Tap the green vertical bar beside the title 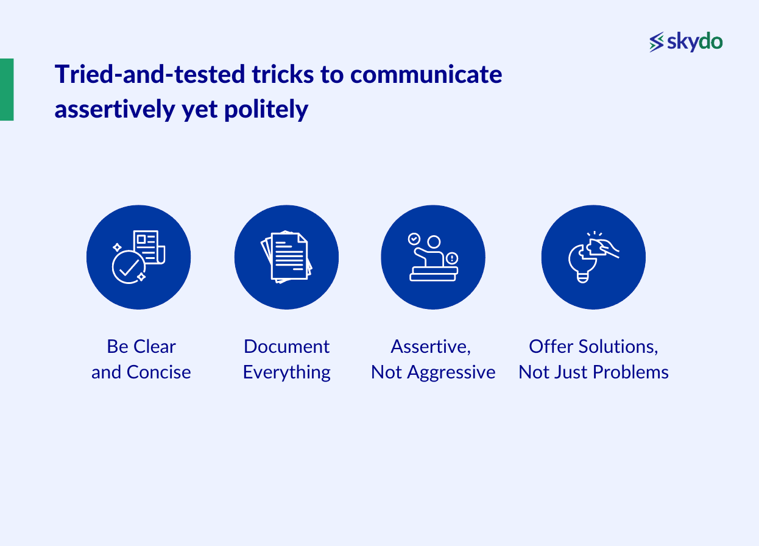point(7,89)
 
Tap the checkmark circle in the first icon point(128,267)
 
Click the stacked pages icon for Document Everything point(286,257)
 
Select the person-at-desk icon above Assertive point(432,257)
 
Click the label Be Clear point(141,346)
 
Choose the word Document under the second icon point(286,346)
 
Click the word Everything point(286,372)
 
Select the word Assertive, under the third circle point(430,346)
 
